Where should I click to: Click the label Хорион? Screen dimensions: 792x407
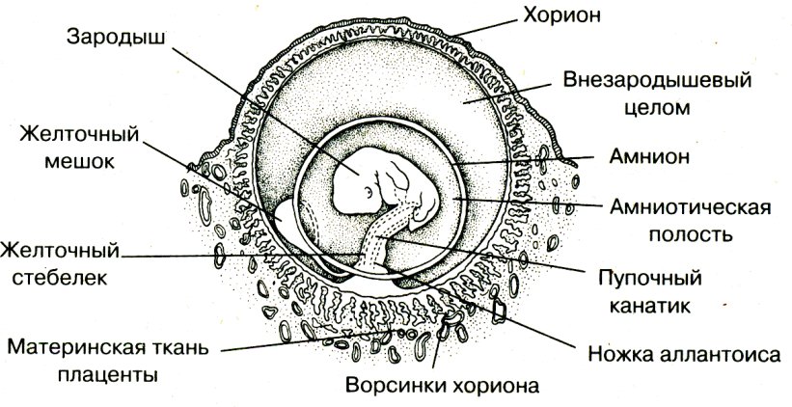[561, 15]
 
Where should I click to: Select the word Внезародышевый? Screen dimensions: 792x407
[658, 81]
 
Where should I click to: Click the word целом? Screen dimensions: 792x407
[657, 108]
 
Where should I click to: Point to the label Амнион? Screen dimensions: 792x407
[649, 157]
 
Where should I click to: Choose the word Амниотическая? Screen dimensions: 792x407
[691, 207]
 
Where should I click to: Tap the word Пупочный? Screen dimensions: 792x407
[651, 279]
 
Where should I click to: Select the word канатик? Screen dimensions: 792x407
[650, 306]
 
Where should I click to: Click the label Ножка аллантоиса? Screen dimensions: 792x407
[684, 355]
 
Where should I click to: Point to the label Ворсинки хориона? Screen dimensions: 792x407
[443, 386]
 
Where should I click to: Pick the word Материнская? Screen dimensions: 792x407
[75, 348]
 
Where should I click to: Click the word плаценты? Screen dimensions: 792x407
[108, 375]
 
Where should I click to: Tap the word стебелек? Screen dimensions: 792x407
[60, 277]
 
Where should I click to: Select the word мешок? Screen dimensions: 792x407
[80, 162]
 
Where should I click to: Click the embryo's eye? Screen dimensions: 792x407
[369, 192]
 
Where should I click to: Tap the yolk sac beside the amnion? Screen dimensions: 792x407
[287, 221]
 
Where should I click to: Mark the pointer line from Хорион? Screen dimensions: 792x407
[484, 28]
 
